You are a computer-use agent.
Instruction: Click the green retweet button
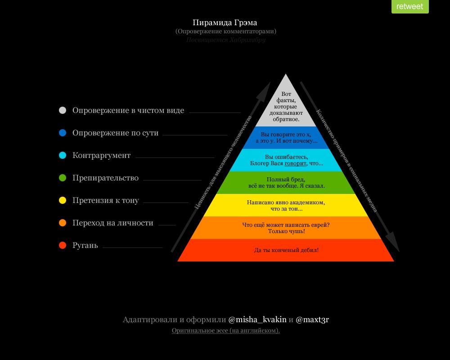(409, 6)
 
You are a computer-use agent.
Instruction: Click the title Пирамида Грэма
(225, 22)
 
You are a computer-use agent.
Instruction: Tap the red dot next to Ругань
(63, 245)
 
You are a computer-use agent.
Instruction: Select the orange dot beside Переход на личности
(63, 223)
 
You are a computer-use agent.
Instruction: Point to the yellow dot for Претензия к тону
(63, 200)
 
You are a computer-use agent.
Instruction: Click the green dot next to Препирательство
(63, 178)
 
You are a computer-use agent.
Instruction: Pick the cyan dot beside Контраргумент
(63, 155)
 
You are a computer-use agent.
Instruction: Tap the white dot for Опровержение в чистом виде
(63, 110)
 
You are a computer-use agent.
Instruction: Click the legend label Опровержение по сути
(115, 133)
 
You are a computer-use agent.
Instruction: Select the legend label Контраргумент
(101, 155)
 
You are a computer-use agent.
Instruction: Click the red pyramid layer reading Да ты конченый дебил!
(286, 250)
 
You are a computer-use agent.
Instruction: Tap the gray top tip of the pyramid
(286, 85)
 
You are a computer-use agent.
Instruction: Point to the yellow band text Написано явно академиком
(286, 202)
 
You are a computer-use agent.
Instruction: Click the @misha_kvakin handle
(257, 319)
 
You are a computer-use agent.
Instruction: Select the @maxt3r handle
(312, 319)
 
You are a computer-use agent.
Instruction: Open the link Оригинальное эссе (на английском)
(225, 331)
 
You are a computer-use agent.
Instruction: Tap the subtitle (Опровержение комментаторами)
(225, 31)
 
